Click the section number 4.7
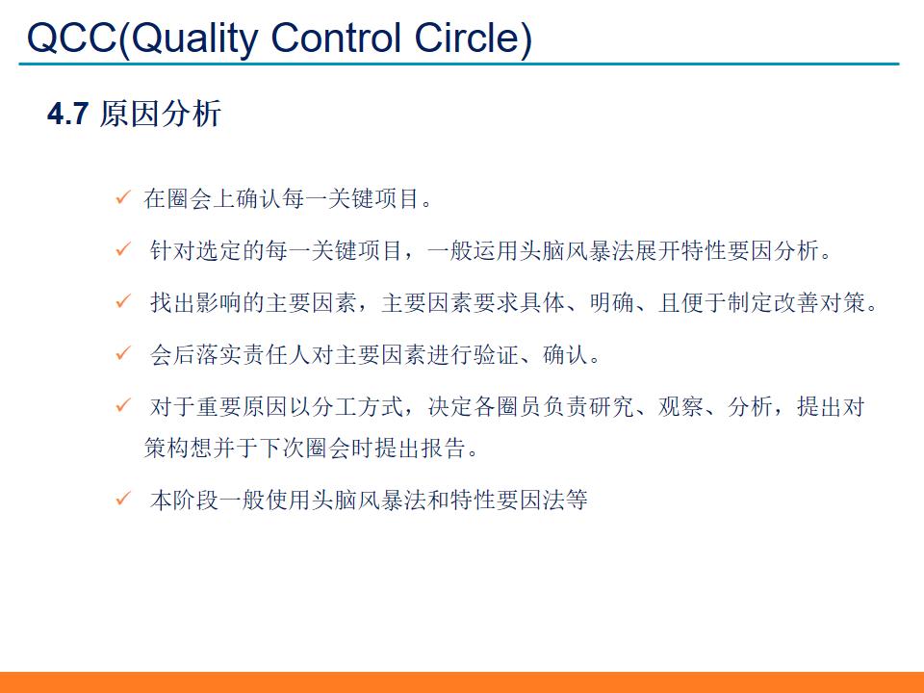coord(68,115)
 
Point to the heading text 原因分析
coord(160,114)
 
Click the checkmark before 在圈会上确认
coord(122,198)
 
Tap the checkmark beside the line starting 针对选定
coord(122,250)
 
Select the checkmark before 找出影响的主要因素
coord(122,302)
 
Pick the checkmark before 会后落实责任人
coord(122,354)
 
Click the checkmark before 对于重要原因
coord(122,406)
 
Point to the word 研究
coord(613,407)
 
